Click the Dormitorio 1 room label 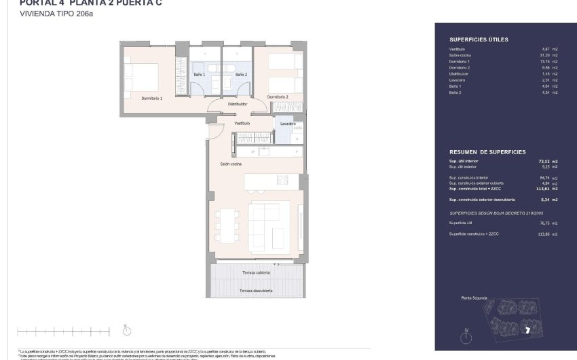click(152, 98)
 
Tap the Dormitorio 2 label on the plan click(278, 97)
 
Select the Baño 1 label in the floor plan click(200, 74)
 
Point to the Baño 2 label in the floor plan click(241, 74)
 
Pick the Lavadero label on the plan click(287, 124)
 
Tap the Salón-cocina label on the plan click(231, 164)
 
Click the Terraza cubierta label click(256, 272)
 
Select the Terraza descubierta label click(256, 290)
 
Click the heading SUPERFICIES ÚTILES click(479, 40)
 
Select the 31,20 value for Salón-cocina click(545, 55)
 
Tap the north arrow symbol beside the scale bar click(126, 331)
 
